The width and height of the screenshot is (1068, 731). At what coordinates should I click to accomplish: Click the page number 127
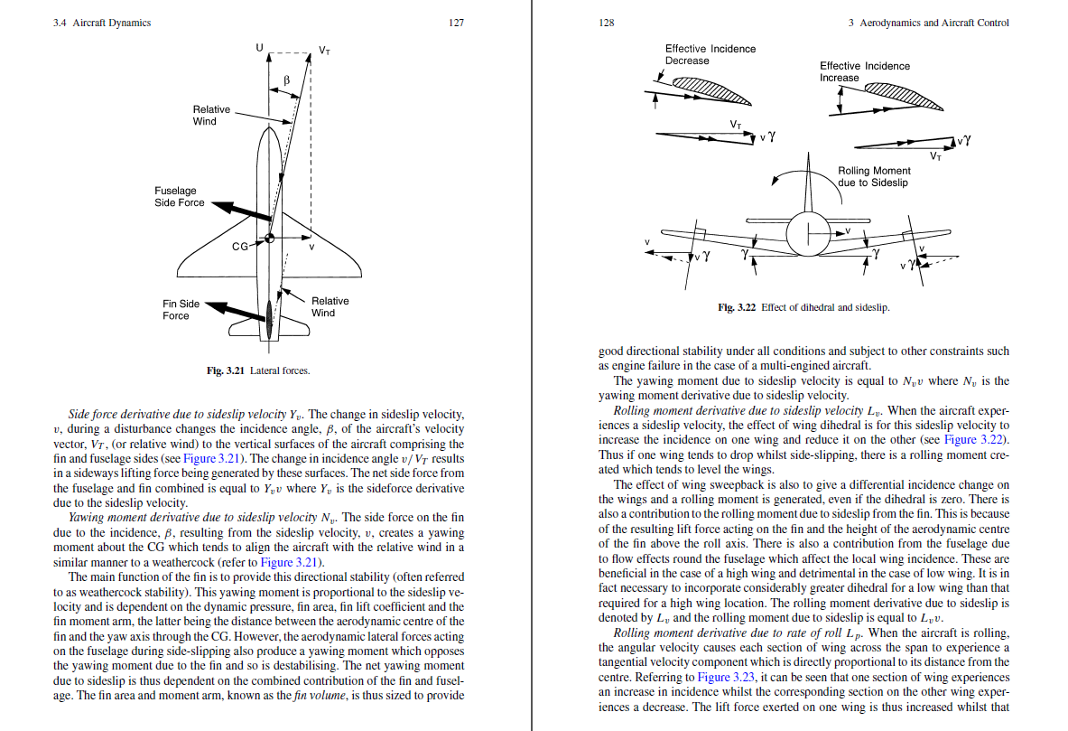tap(456, 23)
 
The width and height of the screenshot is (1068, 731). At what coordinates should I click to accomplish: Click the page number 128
tap(606, 23)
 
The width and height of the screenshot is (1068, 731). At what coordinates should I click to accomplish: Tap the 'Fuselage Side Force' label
tap(180, 197)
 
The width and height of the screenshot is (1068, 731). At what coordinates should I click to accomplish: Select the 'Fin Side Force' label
tap(181, 310)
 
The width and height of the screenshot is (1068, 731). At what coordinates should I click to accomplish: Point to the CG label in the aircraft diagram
tap(240, 246)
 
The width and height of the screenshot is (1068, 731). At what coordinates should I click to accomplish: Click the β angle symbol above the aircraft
tap(286, 80)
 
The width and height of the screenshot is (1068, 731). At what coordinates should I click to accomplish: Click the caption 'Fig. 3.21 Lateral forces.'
tap(258, 370)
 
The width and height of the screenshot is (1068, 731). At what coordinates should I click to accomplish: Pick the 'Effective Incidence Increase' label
tap(865, 71)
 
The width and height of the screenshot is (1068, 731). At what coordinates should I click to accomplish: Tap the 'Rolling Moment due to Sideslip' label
tap(874, 176)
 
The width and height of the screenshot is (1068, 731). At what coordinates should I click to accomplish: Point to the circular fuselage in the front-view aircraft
tap(807, 235)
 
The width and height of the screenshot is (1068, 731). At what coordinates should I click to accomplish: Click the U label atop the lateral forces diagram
tap(260, 47)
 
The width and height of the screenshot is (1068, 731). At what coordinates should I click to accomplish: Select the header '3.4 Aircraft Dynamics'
tap(102, 23)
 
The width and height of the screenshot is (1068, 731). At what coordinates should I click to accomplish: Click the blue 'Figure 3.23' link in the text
tap(727, 677)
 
